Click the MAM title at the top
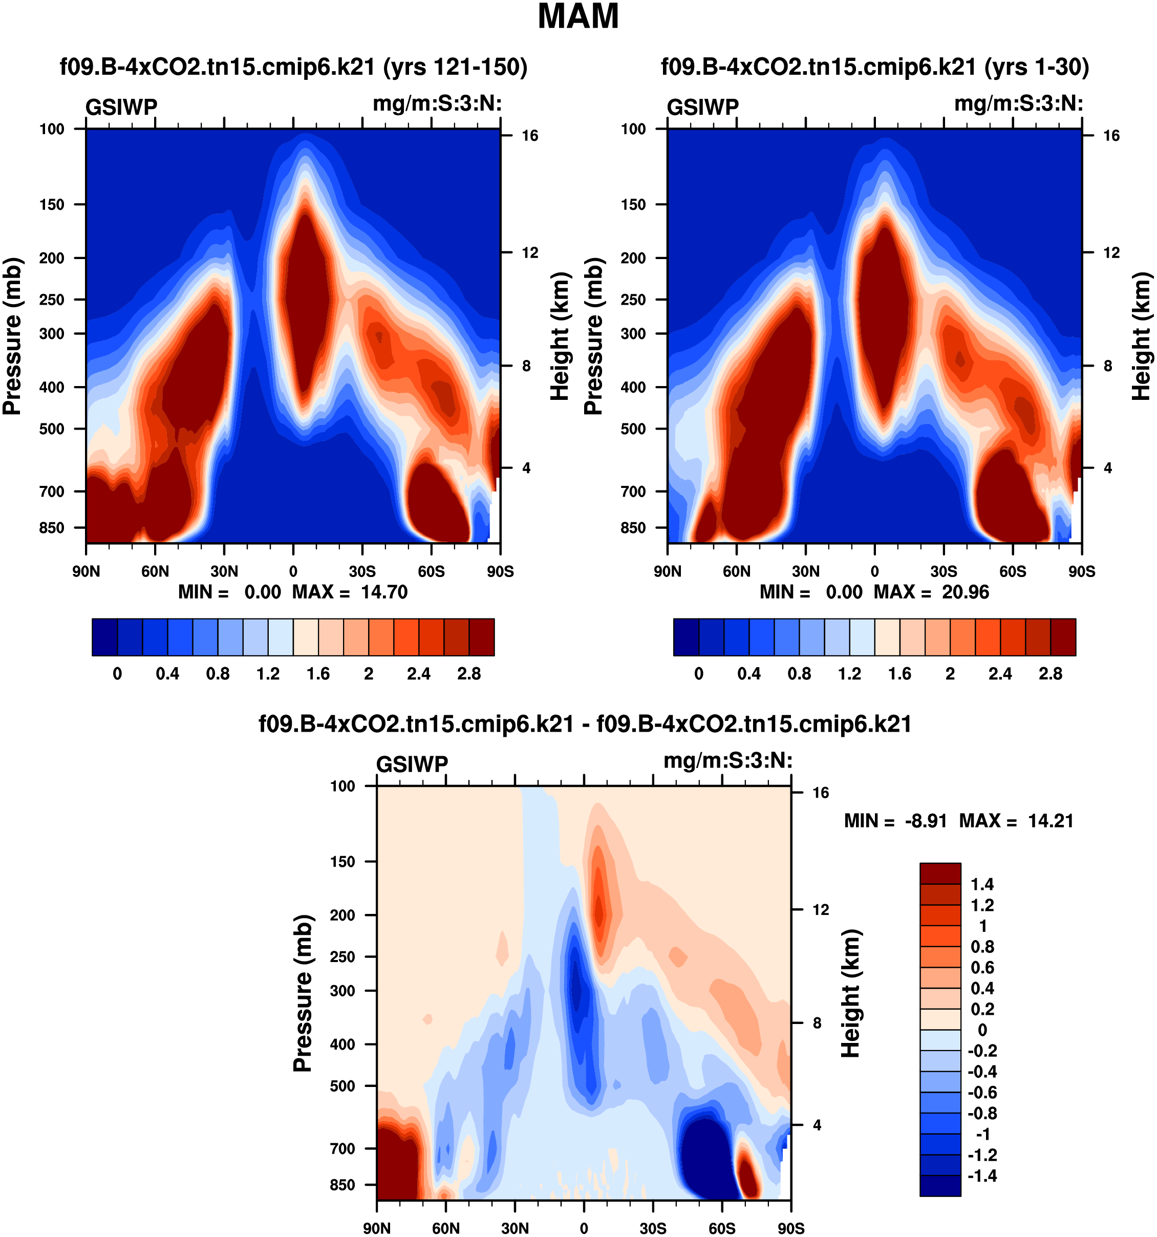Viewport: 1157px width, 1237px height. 578,17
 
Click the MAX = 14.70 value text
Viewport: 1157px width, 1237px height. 350,592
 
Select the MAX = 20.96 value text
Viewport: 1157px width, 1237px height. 931,592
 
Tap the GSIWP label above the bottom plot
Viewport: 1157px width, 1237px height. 412,764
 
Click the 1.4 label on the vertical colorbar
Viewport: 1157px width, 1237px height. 982,884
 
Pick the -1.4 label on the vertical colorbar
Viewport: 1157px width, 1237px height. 982,1176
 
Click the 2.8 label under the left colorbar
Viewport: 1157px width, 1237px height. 469,674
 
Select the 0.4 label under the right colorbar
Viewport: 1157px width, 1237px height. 749,674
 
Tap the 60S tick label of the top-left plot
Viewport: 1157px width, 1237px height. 431,572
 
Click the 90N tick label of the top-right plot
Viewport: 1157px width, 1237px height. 668,572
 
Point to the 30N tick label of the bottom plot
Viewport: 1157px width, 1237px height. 515,1228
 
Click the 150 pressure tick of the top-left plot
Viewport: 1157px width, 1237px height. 52,205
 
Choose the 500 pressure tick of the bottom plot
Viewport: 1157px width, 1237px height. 342,1086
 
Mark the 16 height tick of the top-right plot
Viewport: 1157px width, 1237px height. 1111,136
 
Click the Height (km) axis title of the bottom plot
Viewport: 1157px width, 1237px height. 851,993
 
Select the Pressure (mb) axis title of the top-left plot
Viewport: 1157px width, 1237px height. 12,336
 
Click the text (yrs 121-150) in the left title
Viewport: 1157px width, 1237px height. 455,67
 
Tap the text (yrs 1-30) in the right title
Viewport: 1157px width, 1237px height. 1036,67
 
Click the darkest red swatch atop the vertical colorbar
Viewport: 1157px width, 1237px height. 940,873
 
